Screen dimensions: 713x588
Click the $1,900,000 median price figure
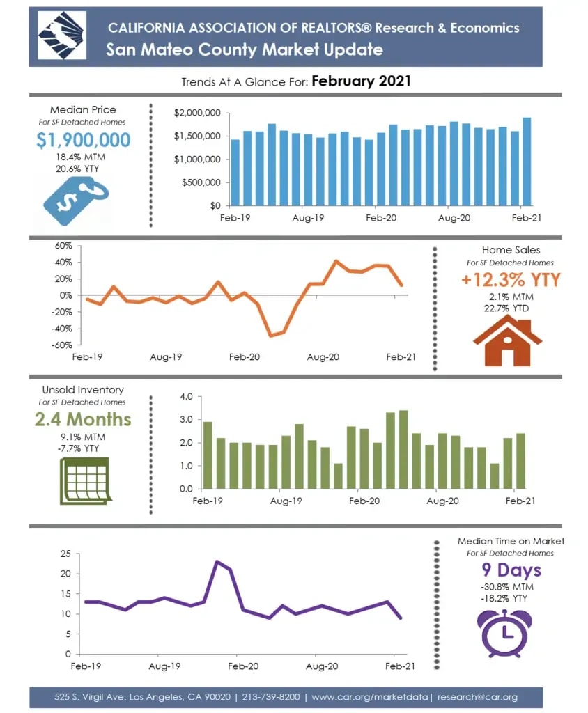[83, 140]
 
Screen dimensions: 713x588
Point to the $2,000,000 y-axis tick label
[198, 113]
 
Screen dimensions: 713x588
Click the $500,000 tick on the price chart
[201, 182]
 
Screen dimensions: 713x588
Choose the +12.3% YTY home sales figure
[511, 280]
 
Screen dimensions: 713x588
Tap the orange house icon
[507, 342]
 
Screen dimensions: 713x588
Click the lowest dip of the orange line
[270, 335]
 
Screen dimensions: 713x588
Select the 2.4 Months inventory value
[83, 419]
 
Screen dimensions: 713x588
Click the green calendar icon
[83, 480]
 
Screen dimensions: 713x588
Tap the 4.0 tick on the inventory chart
[185, 397]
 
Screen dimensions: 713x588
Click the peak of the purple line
[217, 561]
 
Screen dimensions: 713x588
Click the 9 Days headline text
[511, 570]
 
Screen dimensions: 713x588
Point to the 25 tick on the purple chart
[66, 554]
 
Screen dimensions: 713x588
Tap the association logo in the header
[61, 37]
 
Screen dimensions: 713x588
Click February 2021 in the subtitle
[361, 81]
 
